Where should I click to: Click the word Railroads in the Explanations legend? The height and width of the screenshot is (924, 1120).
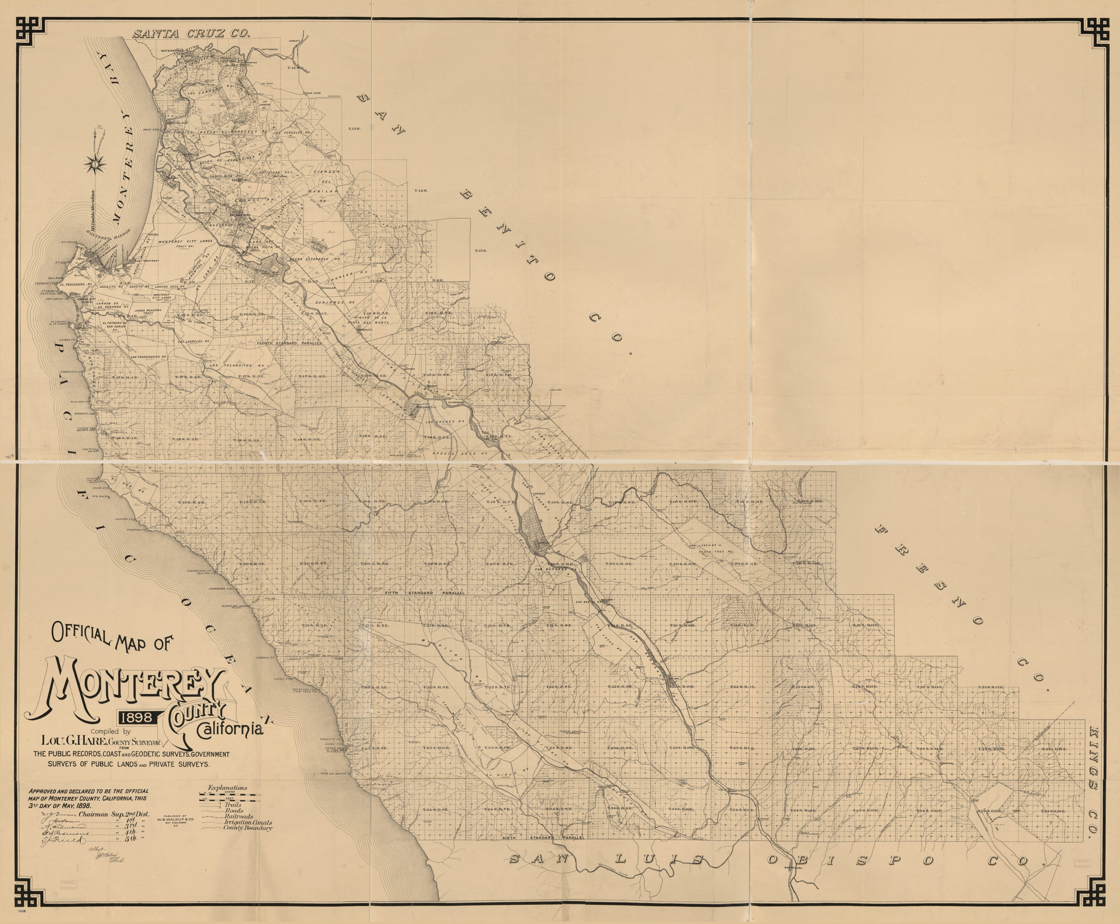click(x=239, y=816)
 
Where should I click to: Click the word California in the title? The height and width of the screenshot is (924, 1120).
click(x=230, y=729)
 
